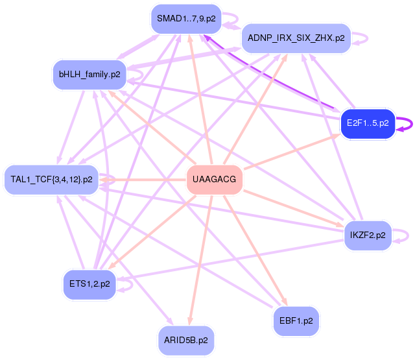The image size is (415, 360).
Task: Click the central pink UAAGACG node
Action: point(215,180)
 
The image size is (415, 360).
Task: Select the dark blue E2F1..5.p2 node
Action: point(368,123)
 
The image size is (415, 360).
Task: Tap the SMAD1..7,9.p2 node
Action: point(186,19)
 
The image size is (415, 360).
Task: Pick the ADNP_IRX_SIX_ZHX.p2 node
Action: point(296,38)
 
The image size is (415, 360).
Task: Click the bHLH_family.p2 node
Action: point(89,74)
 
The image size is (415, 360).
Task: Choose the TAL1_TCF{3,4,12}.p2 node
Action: point(52,179)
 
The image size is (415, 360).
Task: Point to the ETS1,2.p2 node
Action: point(89,283)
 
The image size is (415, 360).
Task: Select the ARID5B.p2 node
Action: point(185,340)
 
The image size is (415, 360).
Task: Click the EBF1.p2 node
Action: point(296,320)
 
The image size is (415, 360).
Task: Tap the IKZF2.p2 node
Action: point(368,235)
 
